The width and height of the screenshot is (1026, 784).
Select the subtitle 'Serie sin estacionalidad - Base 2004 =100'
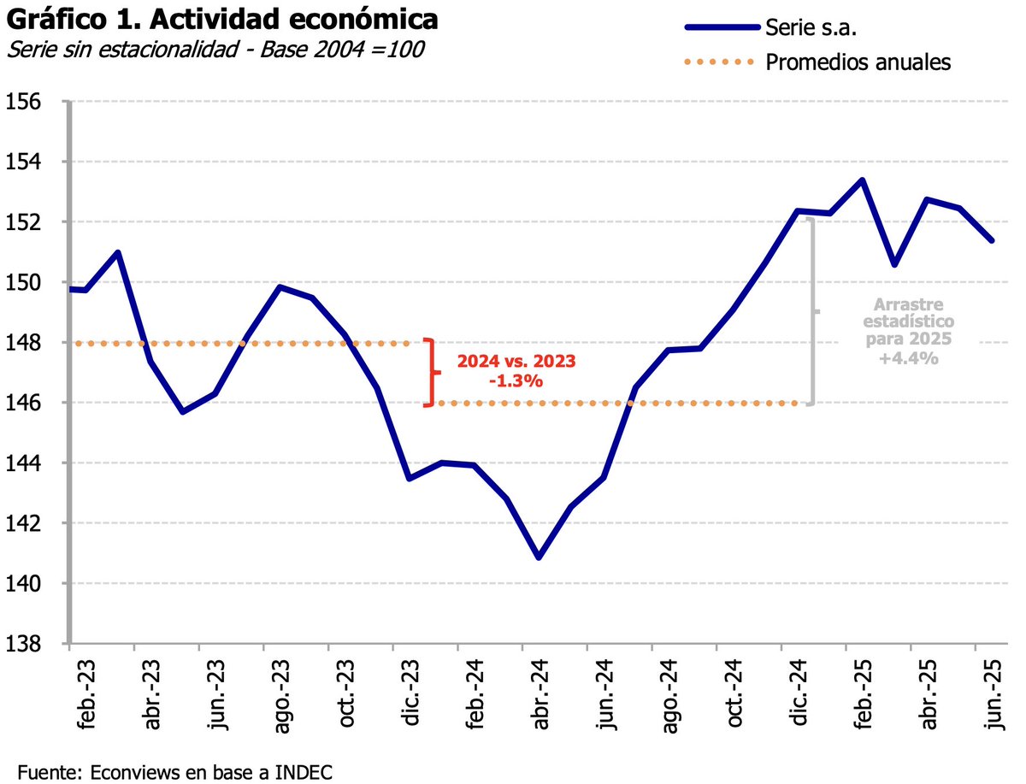[215, 50]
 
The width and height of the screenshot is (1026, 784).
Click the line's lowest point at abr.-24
[539, 557]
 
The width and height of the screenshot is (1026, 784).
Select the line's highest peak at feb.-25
[862, 180]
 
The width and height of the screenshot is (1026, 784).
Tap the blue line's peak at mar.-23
[118, 252]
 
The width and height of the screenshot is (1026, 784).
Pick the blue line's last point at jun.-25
[992, 240]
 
